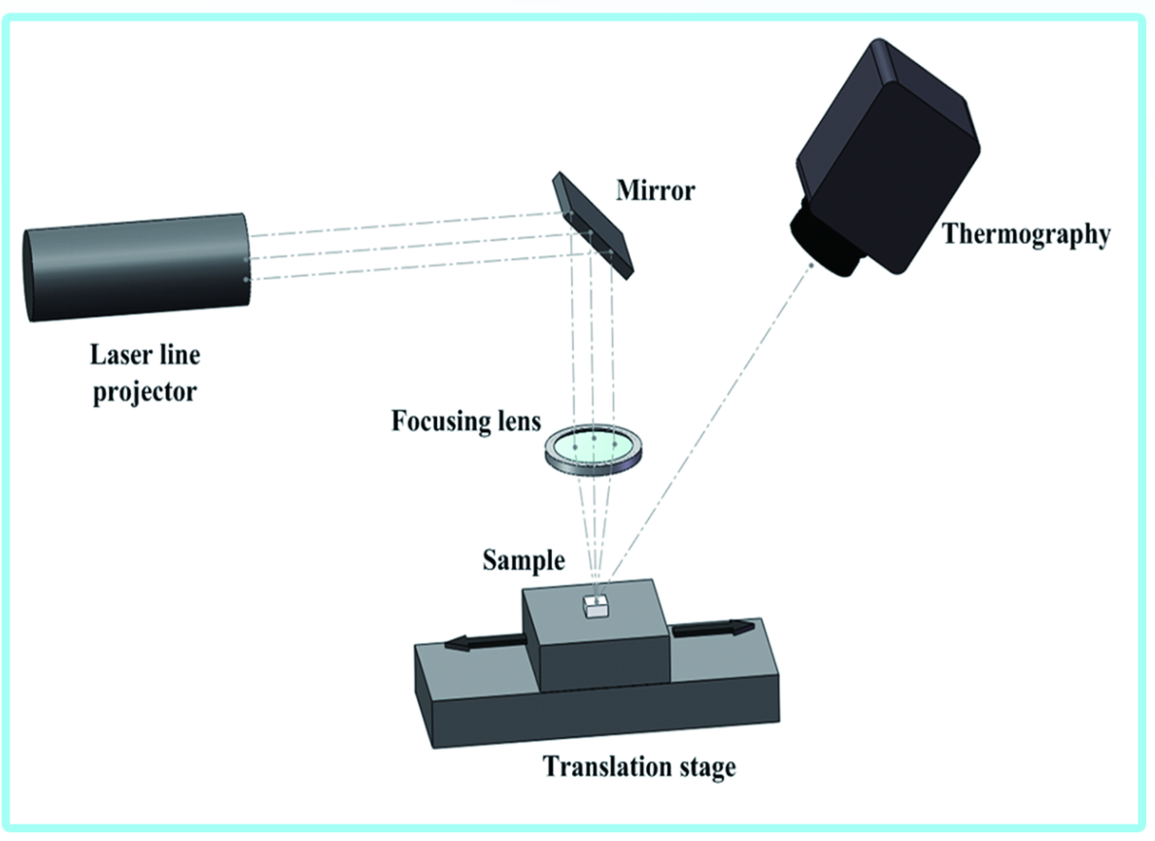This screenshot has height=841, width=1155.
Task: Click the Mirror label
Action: (x=656, y=189)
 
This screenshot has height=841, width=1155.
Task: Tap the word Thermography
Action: (x=1026, y=234)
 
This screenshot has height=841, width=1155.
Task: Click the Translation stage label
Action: (x=639, y=766)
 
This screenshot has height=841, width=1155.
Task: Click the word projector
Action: (x=144, y=394)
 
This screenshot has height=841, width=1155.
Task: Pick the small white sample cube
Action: (x=594, y=608)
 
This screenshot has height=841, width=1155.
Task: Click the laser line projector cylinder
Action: (x=136, y=267)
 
